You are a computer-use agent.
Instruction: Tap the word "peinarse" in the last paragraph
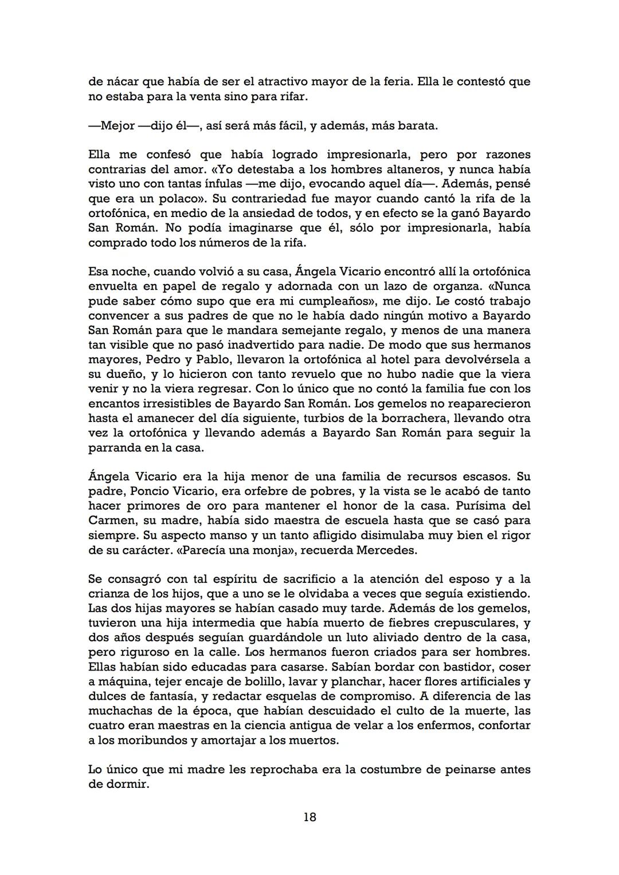(469, 770)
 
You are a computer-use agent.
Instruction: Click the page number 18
(309, 817)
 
